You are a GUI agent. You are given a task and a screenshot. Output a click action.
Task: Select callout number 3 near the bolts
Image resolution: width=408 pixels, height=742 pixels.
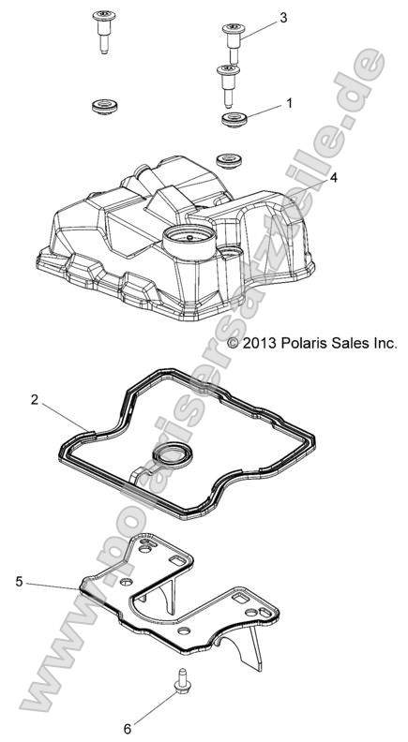point(283,18)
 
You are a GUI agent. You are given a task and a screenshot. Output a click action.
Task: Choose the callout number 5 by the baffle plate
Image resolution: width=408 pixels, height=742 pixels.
point(19,582)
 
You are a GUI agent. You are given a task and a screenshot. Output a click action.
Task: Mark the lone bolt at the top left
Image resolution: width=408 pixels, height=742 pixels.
point(102,30)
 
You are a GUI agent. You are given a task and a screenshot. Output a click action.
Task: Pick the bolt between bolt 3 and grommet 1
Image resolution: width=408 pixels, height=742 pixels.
point(225,83)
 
